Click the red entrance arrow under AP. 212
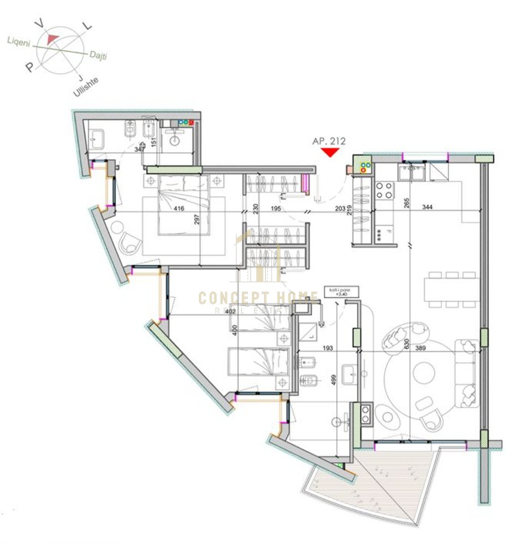[x=329, y=152]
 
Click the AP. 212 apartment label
[x=329, y=141]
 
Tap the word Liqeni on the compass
[x=19, y=41]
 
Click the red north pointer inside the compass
[x=53, y=38]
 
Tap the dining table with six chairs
[x=452, y=289]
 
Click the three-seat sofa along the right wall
[x=466, y=372]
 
